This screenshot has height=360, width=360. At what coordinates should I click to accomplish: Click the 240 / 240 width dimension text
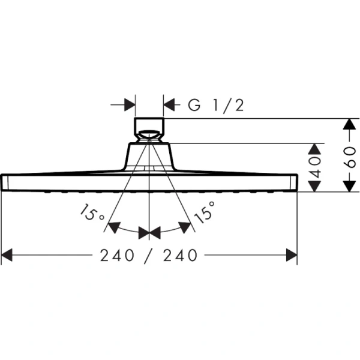(x=149, y=256)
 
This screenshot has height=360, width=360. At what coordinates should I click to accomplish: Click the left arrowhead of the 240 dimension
(x=7, y=256)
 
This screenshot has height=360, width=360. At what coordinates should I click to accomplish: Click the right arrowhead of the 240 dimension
(x=292, y=256)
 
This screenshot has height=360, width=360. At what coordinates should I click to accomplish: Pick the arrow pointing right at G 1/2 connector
(x=128, y=106)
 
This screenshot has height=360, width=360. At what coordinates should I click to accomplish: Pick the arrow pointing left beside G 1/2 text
(x=169, y=106)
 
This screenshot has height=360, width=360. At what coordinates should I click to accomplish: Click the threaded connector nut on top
(x=148, y=127)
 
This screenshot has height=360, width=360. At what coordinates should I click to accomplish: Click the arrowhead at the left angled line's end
(x=111, y=227)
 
